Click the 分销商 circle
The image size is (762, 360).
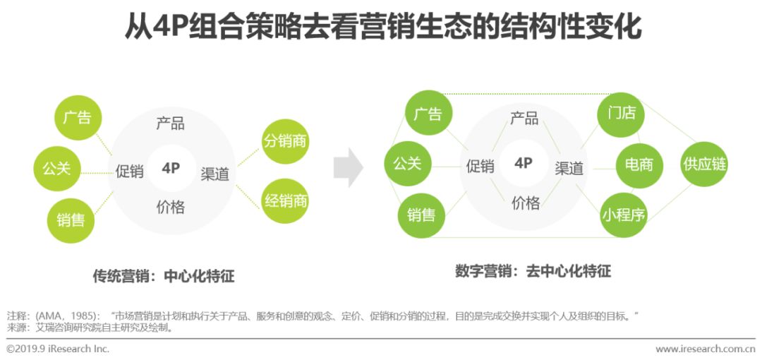pos(286,141)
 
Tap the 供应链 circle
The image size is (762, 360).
pos(703,164)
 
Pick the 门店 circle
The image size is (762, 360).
pos(621,114)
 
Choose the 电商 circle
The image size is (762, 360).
pos(639,165)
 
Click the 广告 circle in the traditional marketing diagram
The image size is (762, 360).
pos(78,117)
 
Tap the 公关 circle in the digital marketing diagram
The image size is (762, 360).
pos(407,164)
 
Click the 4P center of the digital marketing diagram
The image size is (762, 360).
pos(523,164)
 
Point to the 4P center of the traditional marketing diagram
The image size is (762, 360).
pos(171,168)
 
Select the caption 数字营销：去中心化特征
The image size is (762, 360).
pos(533,271)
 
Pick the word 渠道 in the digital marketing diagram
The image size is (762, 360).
pos(569,168)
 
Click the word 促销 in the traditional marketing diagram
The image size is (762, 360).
pos(130,171)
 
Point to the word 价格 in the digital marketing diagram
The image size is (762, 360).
pos(525,203)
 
